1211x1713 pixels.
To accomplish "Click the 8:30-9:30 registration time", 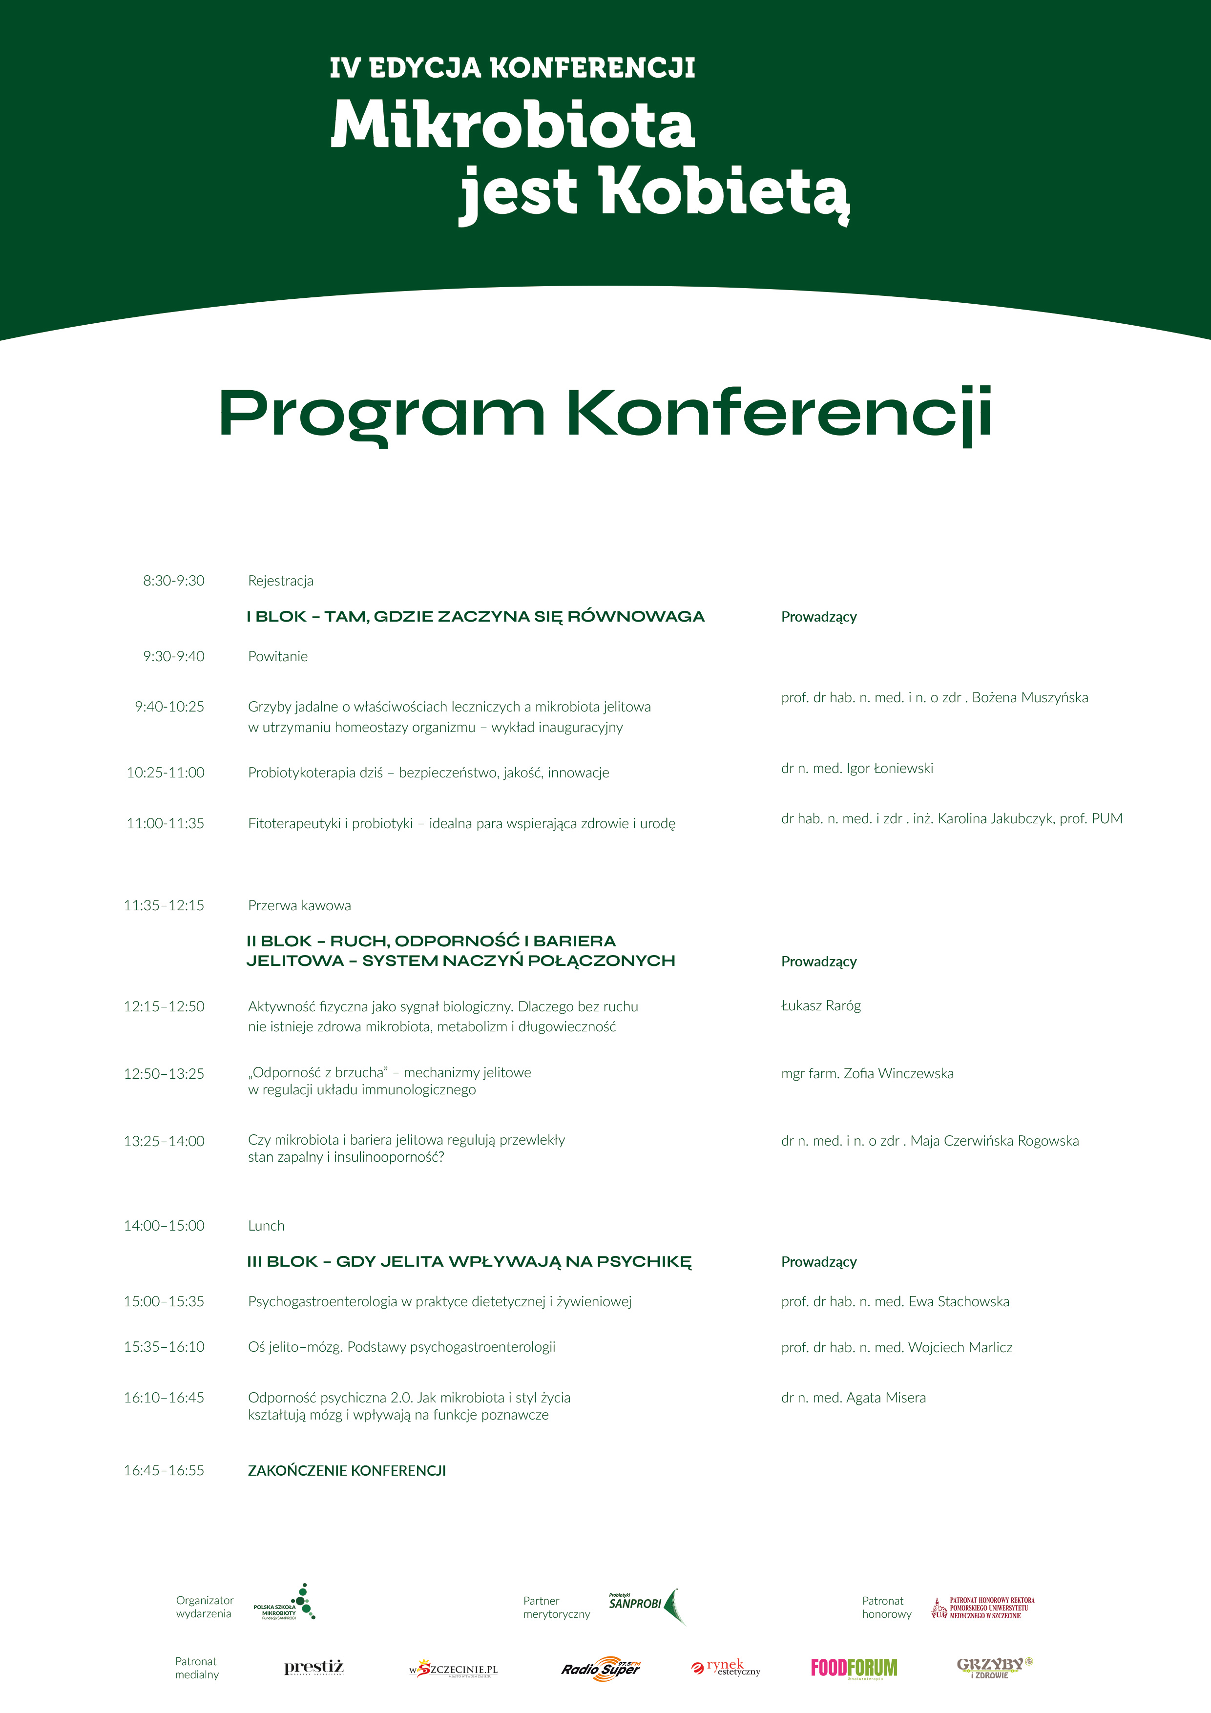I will coord(173,581).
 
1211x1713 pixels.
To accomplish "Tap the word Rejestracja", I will coord(281,581).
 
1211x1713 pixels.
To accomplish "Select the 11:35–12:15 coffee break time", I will coord(164,905).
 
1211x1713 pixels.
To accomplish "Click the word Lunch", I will coord(267,1225).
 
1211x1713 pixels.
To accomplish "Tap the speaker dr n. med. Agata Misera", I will coord(853,1398).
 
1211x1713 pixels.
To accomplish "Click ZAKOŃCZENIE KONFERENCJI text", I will coord(347,1470).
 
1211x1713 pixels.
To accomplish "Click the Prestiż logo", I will coord(314,1668).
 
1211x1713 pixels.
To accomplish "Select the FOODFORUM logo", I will coord(855,1668).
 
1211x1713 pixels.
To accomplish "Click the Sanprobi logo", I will coord(646,1605).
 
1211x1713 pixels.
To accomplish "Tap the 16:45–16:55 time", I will coord(164,1470).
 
